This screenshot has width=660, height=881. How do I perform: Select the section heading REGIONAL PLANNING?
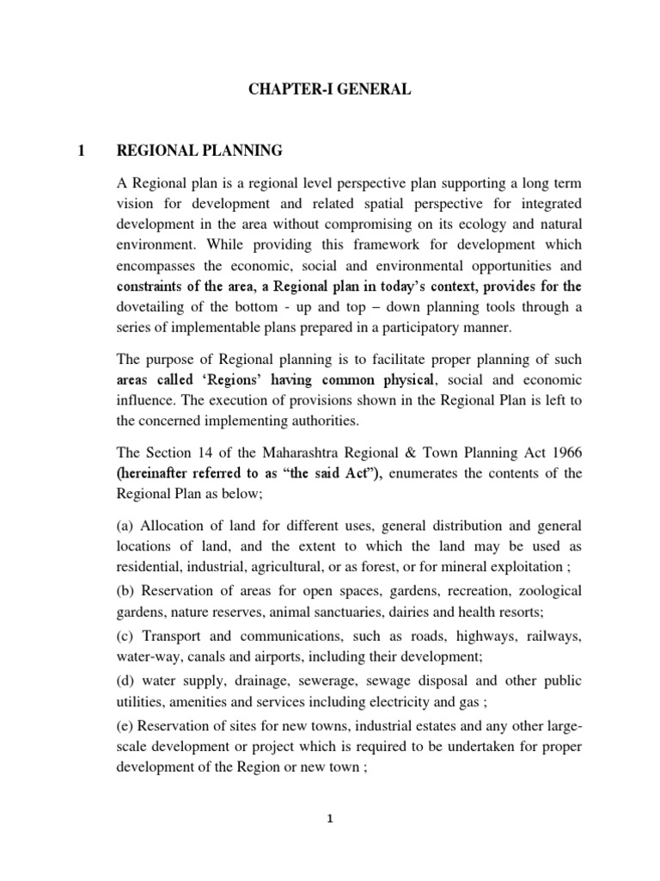(x=199, y=151)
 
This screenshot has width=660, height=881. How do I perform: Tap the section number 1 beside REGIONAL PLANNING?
(x=81, y=151)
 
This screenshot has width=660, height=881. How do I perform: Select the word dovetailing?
(x=151, y=308)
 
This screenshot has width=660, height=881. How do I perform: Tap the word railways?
(x=550, y=637)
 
